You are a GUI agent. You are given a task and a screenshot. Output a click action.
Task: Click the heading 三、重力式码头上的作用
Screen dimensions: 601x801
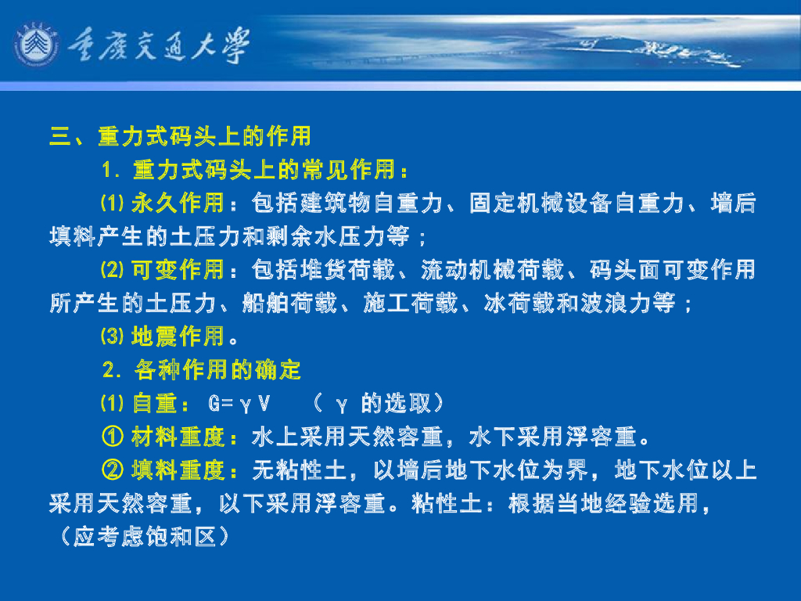181,136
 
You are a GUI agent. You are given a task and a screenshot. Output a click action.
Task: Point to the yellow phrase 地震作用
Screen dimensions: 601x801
178,337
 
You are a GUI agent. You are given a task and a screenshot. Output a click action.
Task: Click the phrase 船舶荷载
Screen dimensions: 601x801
289,304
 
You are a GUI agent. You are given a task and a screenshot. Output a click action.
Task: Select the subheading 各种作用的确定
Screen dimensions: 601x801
218,370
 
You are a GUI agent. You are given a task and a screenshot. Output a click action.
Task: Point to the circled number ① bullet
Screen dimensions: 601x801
113,437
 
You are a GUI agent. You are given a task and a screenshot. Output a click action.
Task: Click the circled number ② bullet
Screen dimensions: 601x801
113,470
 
